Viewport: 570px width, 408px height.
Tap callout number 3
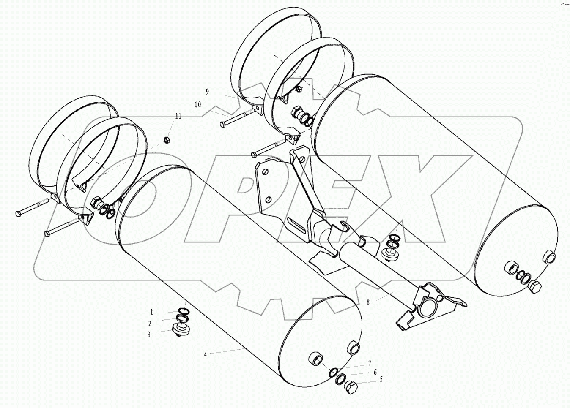pos(149,335)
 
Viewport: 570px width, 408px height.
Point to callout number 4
pos(206,355)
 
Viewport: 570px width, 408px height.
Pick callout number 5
pos(381,379)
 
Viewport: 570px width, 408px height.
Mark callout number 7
pos(369,363)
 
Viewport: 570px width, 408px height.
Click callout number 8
pos(368,302)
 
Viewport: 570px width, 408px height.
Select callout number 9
pos(208,91)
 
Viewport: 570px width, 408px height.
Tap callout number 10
pos(198,104)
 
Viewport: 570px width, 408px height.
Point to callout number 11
pos(178,117)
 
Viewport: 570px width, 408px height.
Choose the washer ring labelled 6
pos(340,379)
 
